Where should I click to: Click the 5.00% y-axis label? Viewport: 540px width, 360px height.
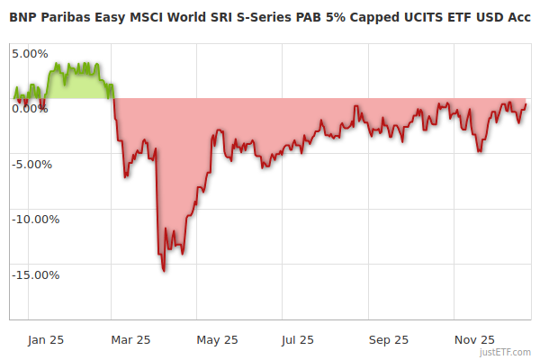click(x=30, y=53)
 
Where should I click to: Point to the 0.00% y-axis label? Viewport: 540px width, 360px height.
click(x=30, y=109)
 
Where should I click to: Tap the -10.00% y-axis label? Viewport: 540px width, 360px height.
click(x=34, y=220)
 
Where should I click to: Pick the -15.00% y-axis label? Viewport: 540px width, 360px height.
click(x=34, y=275)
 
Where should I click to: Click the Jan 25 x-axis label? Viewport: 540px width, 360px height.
click(x=46, y=339)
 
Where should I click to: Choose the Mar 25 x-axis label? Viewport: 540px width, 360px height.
click(x=131, y=339)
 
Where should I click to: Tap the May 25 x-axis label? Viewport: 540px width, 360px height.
click(x=217, y=339)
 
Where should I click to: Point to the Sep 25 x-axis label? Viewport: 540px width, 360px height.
click(x=388, y=339)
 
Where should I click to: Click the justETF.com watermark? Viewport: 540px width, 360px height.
click(x=506, y=352)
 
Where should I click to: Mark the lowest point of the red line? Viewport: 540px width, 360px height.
click(x=164, y=270)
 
